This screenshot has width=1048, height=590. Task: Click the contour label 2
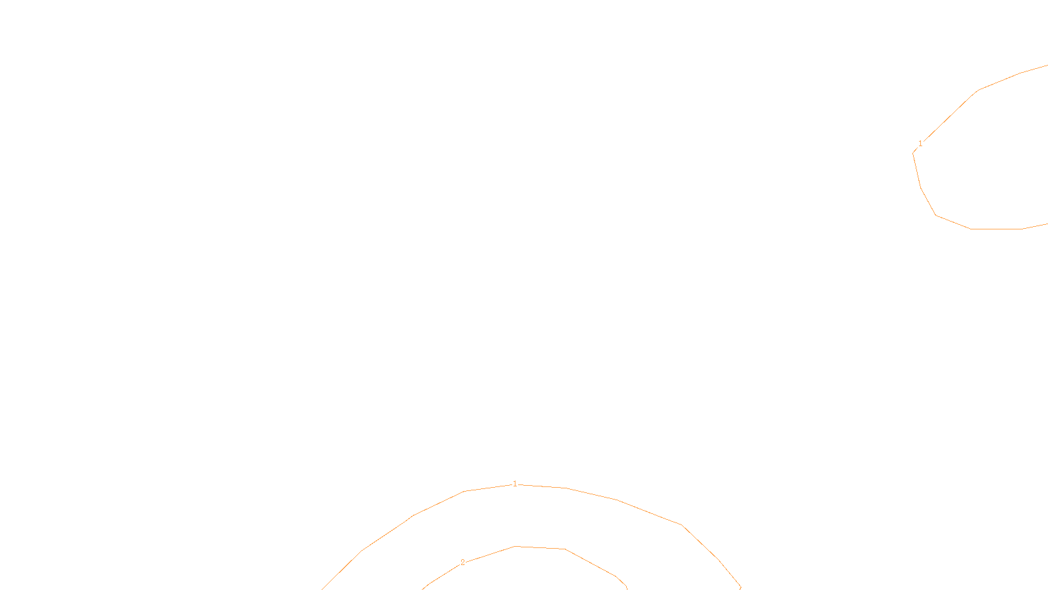pos(462,562)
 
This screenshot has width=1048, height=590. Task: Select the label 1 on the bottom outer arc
pos(515,484)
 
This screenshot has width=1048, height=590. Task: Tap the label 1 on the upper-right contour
pos(920,144)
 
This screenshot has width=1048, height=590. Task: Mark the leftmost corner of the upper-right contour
pos(913,153)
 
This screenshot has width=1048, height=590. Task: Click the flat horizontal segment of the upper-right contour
pos(996,229)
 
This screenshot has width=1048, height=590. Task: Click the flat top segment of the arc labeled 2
pos(540,547)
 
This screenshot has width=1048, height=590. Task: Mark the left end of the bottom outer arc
pos(322,589)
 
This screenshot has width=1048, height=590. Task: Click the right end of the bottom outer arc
pos(740,588)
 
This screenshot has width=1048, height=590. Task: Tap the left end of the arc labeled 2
pos(423,588)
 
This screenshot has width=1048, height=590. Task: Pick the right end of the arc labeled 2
pos(627,588)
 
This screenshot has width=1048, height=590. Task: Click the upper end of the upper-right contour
pos(1047,66)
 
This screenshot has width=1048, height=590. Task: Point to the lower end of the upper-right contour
pos(1047,224)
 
